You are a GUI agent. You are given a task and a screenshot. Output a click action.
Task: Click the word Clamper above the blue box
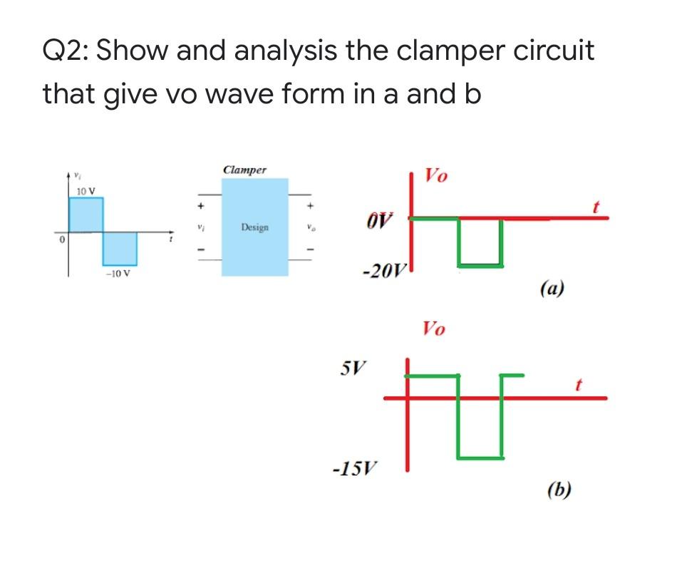pos(244,170)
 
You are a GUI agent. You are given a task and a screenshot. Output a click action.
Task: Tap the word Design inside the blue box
pos(254,227)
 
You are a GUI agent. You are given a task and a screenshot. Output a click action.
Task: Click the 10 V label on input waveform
pos(87,191)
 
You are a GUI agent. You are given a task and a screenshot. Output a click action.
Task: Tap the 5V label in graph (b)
pos(352,369)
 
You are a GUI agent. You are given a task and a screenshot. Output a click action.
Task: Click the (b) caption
pos(562,490)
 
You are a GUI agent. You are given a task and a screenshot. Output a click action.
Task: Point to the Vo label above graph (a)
pos(435,175)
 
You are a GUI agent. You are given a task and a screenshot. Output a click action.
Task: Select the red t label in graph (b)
pos(579,385)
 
